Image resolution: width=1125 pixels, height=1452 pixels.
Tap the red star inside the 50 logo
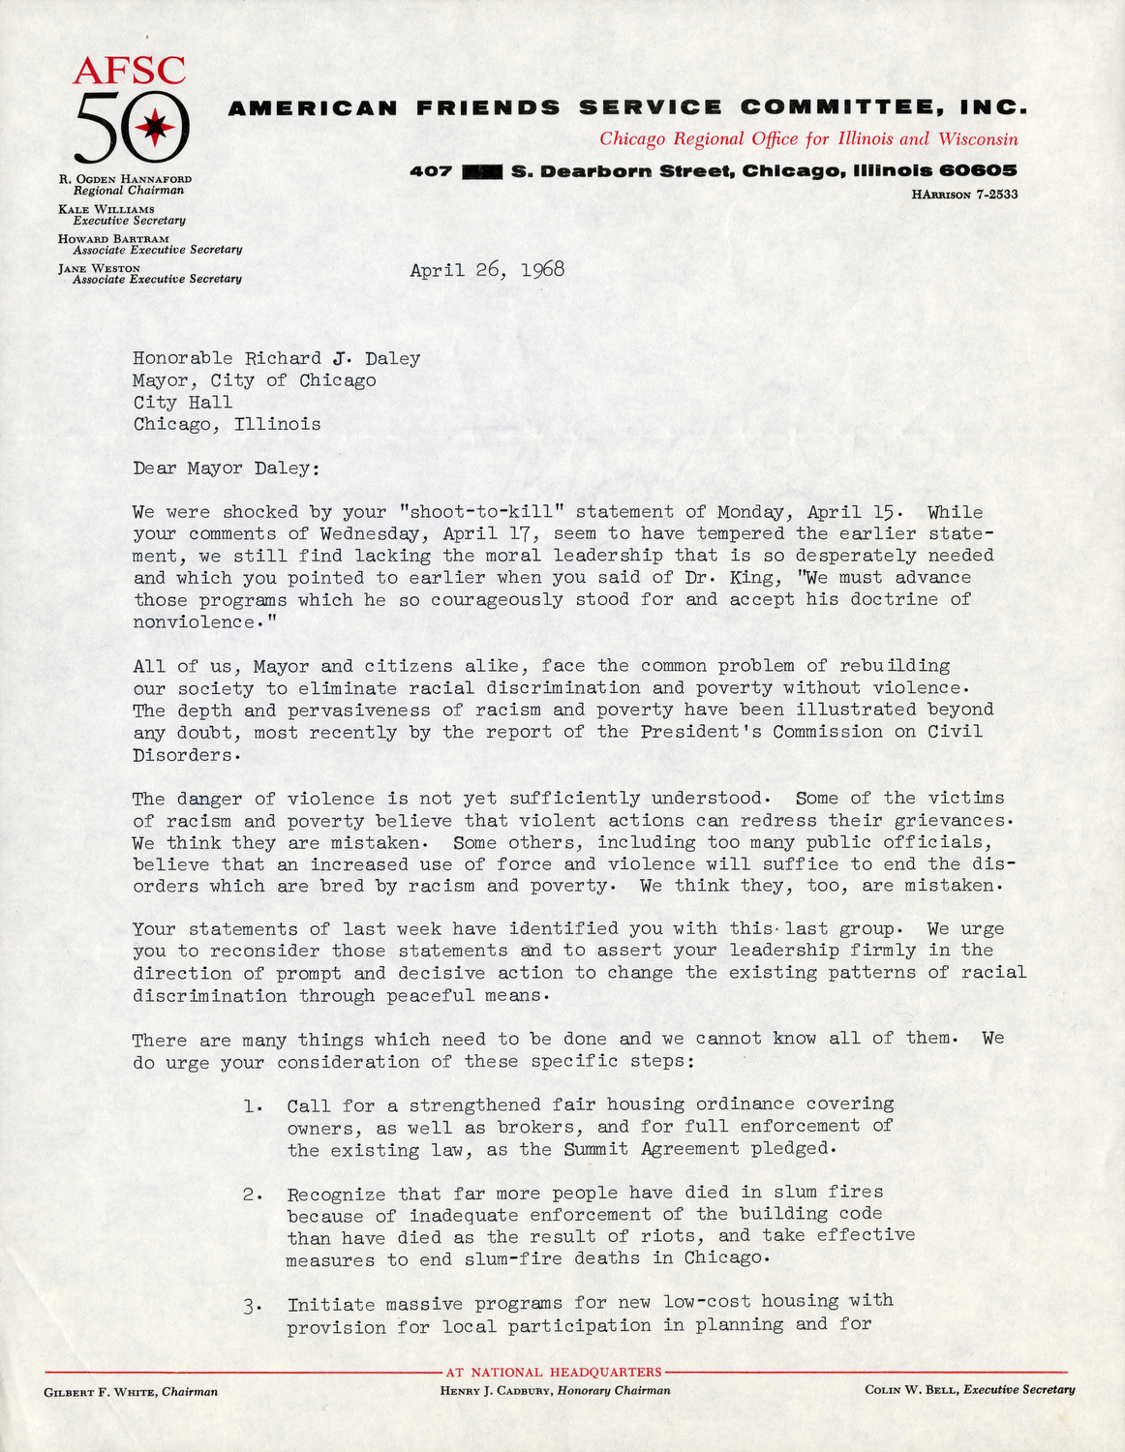[x=154, y=127]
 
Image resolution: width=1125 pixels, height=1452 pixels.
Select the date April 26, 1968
[x=486, y=270]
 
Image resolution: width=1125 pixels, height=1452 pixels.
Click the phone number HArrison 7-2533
[x=963, y=195]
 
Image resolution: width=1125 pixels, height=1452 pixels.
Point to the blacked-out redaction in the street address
[x=482, y=171]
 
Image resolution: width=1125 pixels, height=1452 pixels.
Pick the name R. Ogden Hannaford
[x=125, y=179]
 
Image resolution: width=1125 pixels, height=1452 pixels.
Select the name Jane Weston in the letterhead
[x=99, y=268]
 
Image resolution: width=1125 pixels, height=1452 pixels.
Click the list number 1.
[x=251, y=1105]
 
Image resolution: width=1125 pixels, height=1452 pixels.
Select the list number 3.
[x=251, y=1305]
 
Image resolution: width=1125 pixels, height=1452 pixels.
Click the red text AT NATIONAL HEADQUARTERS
[x=553, y=1372]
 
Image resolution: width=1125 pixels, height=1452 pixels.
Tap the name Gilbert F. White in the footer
[x=101, y=1392]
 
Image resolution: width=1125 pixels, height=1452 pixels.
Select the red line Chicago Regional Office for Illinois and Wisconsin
[x=808, y=138]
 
